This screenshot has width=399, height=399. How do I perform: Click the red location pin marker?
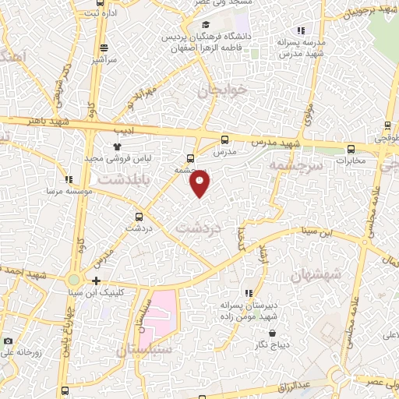click(199, 183)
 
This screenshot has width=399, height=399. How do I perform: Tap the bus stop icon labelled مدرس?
click(225, 140)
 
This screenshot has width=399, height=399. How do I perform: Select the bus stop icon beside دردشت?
click(139, 217)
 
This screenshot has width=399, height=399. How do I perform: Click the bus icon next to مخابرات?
click(350, 150)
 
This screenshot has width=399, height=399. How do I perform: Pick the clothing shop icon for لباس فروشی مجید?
click(117, 146)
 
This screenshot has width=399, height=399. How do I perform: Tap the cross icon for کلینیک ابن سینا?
click(95, 281)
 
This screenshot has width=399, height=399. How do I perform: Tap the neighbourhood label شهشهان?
click(316, 274)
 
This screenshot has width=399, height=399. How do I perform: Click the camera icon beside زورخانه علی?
click(8, 341)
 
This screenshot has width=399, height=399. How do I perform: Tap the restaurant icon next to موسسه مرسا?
click(69, 179)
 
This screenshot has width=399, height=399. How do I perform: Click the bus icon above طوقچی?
click(387, 125)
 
